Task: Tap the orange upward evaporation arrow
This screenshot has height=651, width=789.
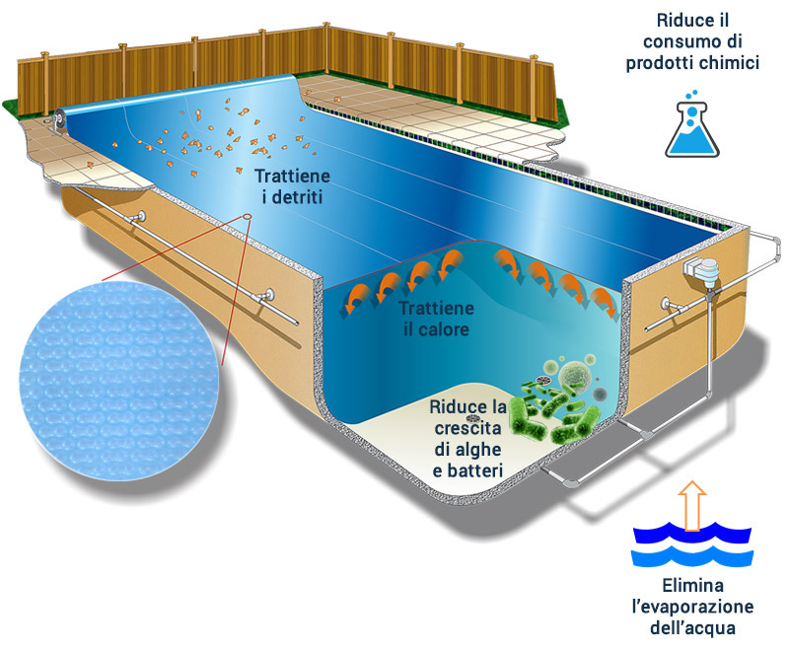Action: pyautogui.click(x=692, y=502)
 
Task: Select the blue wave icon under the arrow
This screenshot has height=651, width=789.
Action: pyautogui.click(x=692, y=544)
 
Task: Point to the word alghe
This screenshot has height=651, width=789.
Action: pyautogui.click(x=480, y=450)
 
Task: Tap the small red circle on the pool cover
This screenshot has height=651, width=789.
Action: pyautogui.click(x=246, y=216)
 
